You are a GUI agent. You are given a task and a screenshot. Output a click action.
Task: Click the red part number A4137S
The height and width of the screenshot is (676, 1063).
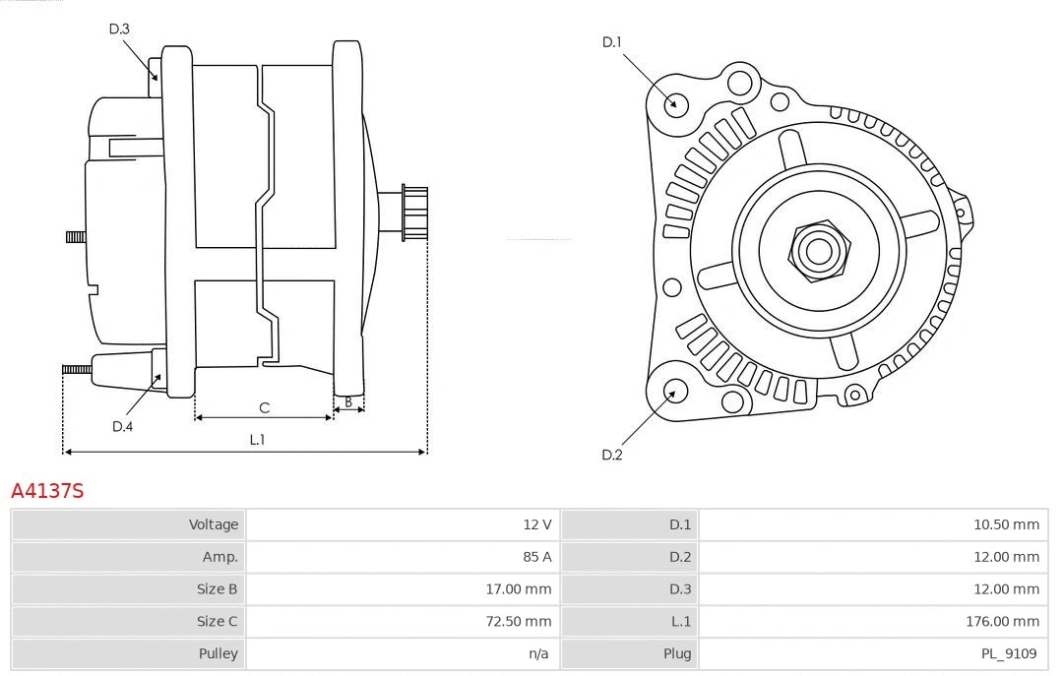tap(47, 490)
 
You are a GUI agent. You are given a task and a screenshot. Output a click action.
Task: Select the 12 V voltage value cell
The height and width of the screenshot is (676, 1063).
tap(537, 524)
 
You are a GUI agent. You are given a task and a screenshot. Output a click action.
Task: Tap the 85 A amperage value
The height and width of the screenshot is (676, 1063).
tap(537, 557)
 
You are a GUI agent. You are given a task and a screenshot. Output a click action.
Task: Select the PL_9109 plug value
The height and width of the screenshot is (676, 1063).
tap(1008, 653)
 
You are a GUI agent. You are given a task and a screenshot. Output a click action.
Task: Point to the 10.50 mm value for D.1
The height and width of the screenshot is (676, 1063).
tap(1006, 524)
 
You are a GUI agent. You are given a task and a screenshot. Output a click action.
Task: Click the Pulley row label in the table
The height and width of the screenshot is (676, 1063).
tap(218, 653)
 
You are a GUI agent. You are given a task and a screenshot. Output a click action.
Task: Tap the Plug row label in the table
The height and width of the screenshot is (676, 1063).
tap(677, 653)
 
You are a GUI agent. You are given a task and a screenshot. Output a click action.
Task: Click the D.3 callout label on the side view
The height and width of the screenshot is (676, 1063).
tap(119, 29)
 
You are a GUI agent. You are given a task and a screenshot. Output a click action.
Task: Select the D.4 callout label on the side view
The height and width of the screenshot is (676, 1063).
tap(122, 426)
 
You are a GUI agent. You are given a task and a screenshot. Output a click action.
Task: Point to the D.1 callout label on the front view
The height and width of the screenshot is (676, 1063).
tap(612, 42)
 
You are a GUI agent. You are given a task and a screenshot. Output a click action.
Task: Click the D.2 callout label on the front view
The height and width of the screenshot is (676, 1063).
tap(612, 455)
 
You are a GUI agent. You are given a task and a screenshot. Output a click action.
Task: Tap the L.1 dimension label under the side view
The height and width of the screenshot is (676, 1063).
tap(257, 440)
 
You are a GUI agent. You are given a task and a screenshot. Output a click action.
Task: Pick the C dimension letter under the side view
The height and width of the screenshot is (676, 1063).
tap(264, 407)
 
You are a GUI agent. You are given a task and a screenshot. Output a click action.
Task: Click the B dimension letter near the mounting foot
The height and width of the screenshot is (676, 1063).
tap(347, 401)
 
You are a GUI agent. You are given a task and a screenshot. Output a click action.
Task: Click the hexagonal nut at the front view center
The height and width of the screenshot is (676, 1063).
tap(818, 250)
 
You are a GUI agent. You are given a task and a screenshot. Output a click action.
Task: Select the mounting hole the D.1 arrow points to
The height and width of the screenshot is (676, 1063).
tap(675, 102)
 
